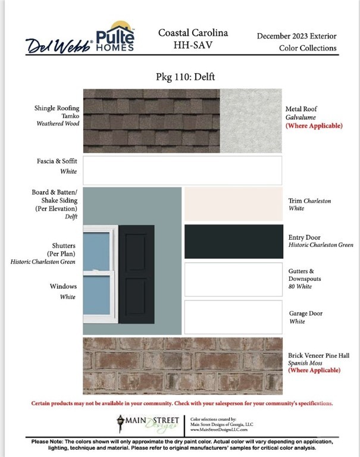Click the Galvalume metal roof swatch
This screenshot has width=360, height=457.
(251, 120)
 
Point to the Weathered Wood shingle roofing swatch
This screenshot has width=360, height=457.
(151, 120)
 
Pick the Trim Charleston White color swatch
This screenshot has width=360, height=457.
(233, 204)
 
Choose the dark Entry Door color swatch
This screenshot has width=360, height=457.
(233, 241)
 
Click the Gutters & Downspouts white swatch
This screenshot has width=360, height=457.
(233, 279)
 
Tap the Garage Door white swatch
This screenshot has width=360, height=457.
(233, 317)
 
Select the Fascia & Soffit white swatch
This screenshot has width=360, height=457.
(182, 170)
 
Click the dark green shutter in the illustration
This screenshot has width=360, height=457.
(136, 274)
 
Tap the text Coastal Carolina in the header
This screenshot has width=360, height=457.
(193, 33)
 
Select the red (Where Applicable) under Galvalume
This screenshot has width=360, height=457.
(314, 126)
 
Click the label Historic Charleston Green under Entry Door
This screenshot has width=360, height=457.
(321, 245)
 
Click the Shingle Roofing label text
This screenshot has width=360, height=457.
(57, 108)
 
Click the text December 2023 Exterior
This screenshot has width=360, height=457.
(296, 36)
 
